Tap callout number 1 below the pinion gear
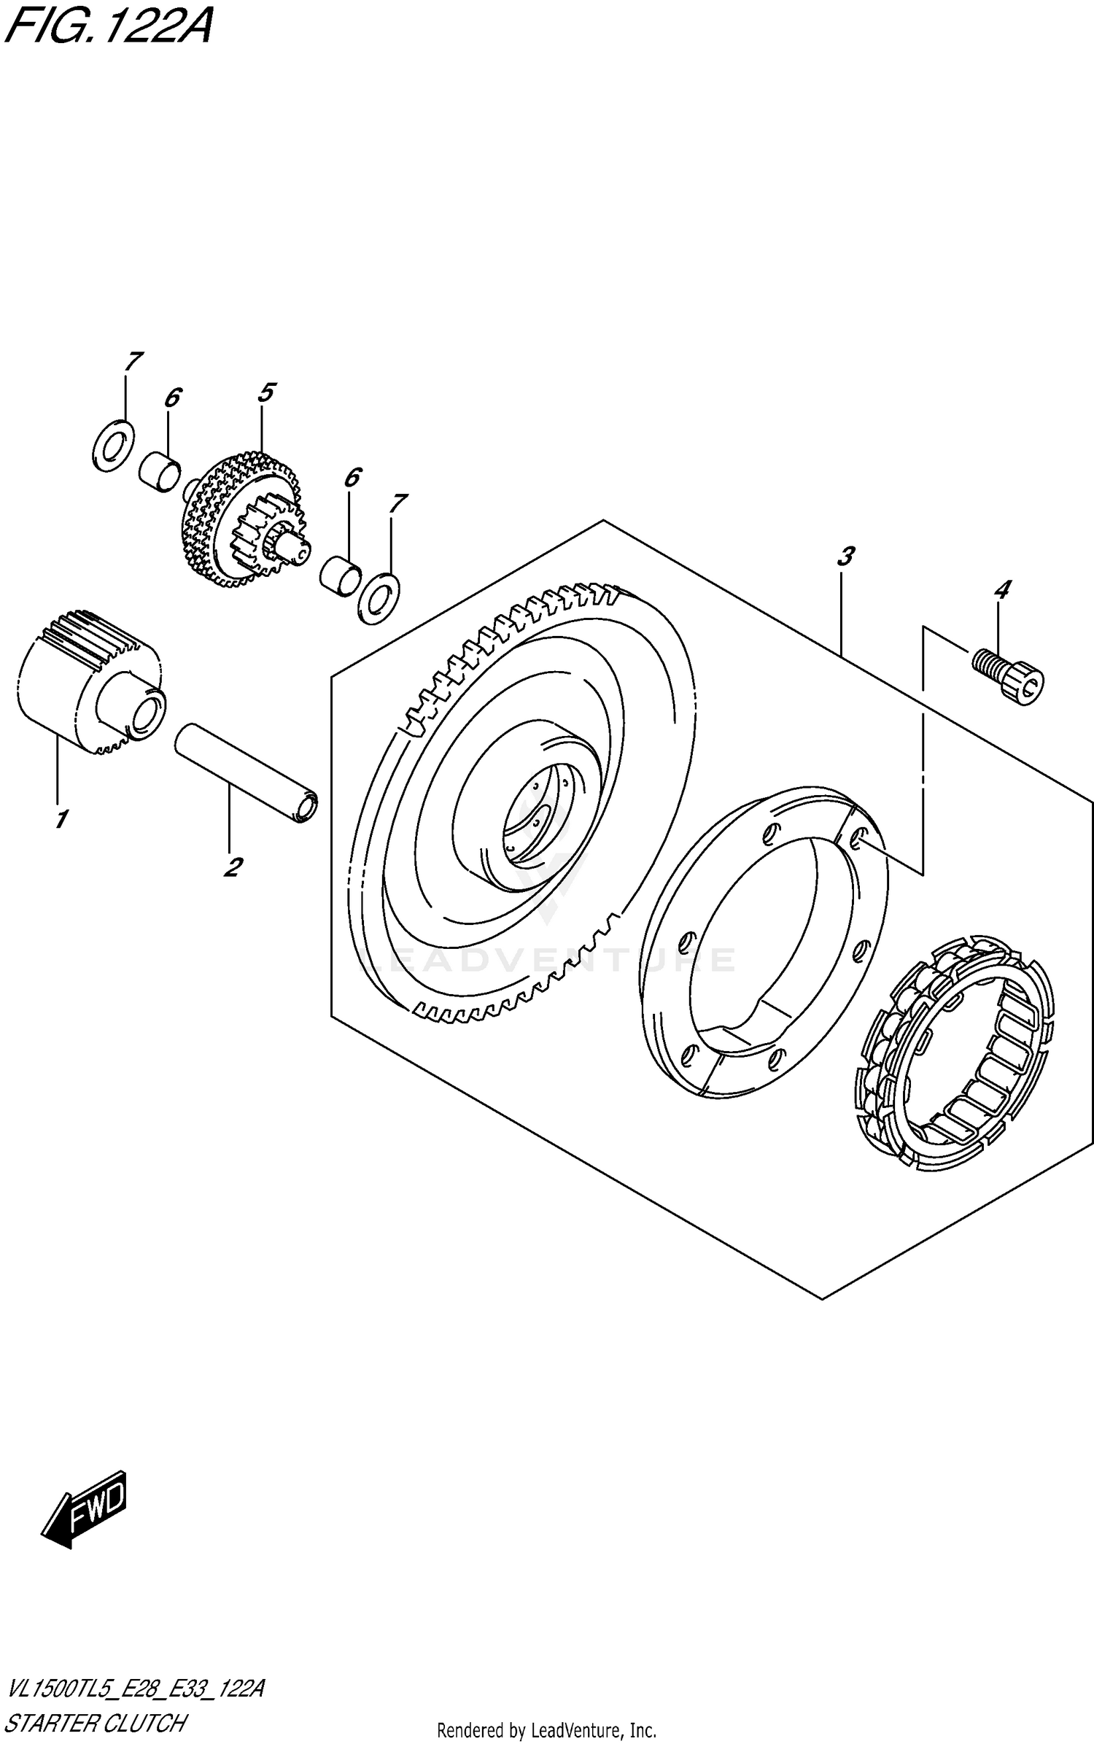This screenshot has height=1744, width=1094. click(x=61, y=819)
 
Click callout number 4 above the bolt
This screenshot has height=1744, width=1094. click(x=1002, y=589)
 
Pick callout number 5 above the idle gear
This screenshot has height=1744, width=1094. click(x=265, y=393)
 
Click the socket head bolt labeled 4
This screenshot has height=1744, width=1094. click(x=1009, y=675)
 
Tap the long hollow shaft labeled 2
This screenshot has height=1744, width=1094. click(x=247, y=772)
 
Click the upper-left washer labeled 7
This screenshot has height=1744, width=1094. click(x=113, y=446)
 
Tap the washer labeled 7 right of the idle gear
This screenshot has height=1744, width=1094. click(x=379, y=599)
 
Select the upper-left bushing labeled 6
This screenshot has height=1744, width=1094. click(x=160, y=471)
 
